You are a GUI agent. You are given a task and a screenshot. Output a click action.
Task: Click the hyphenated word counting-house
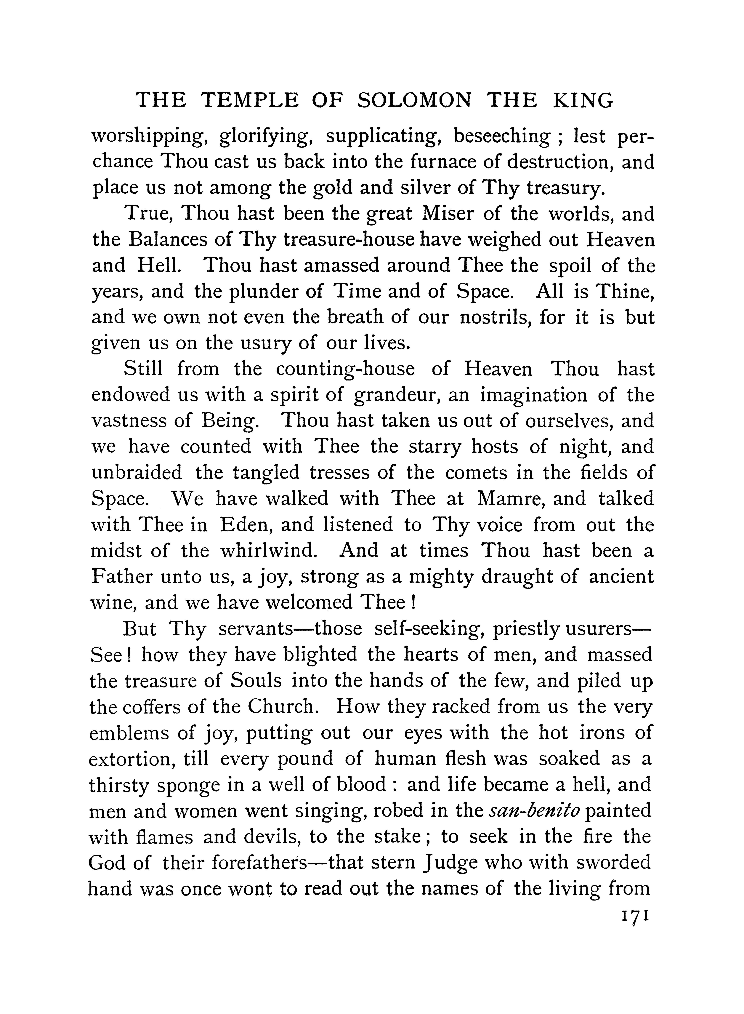[x=345, y=369]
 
